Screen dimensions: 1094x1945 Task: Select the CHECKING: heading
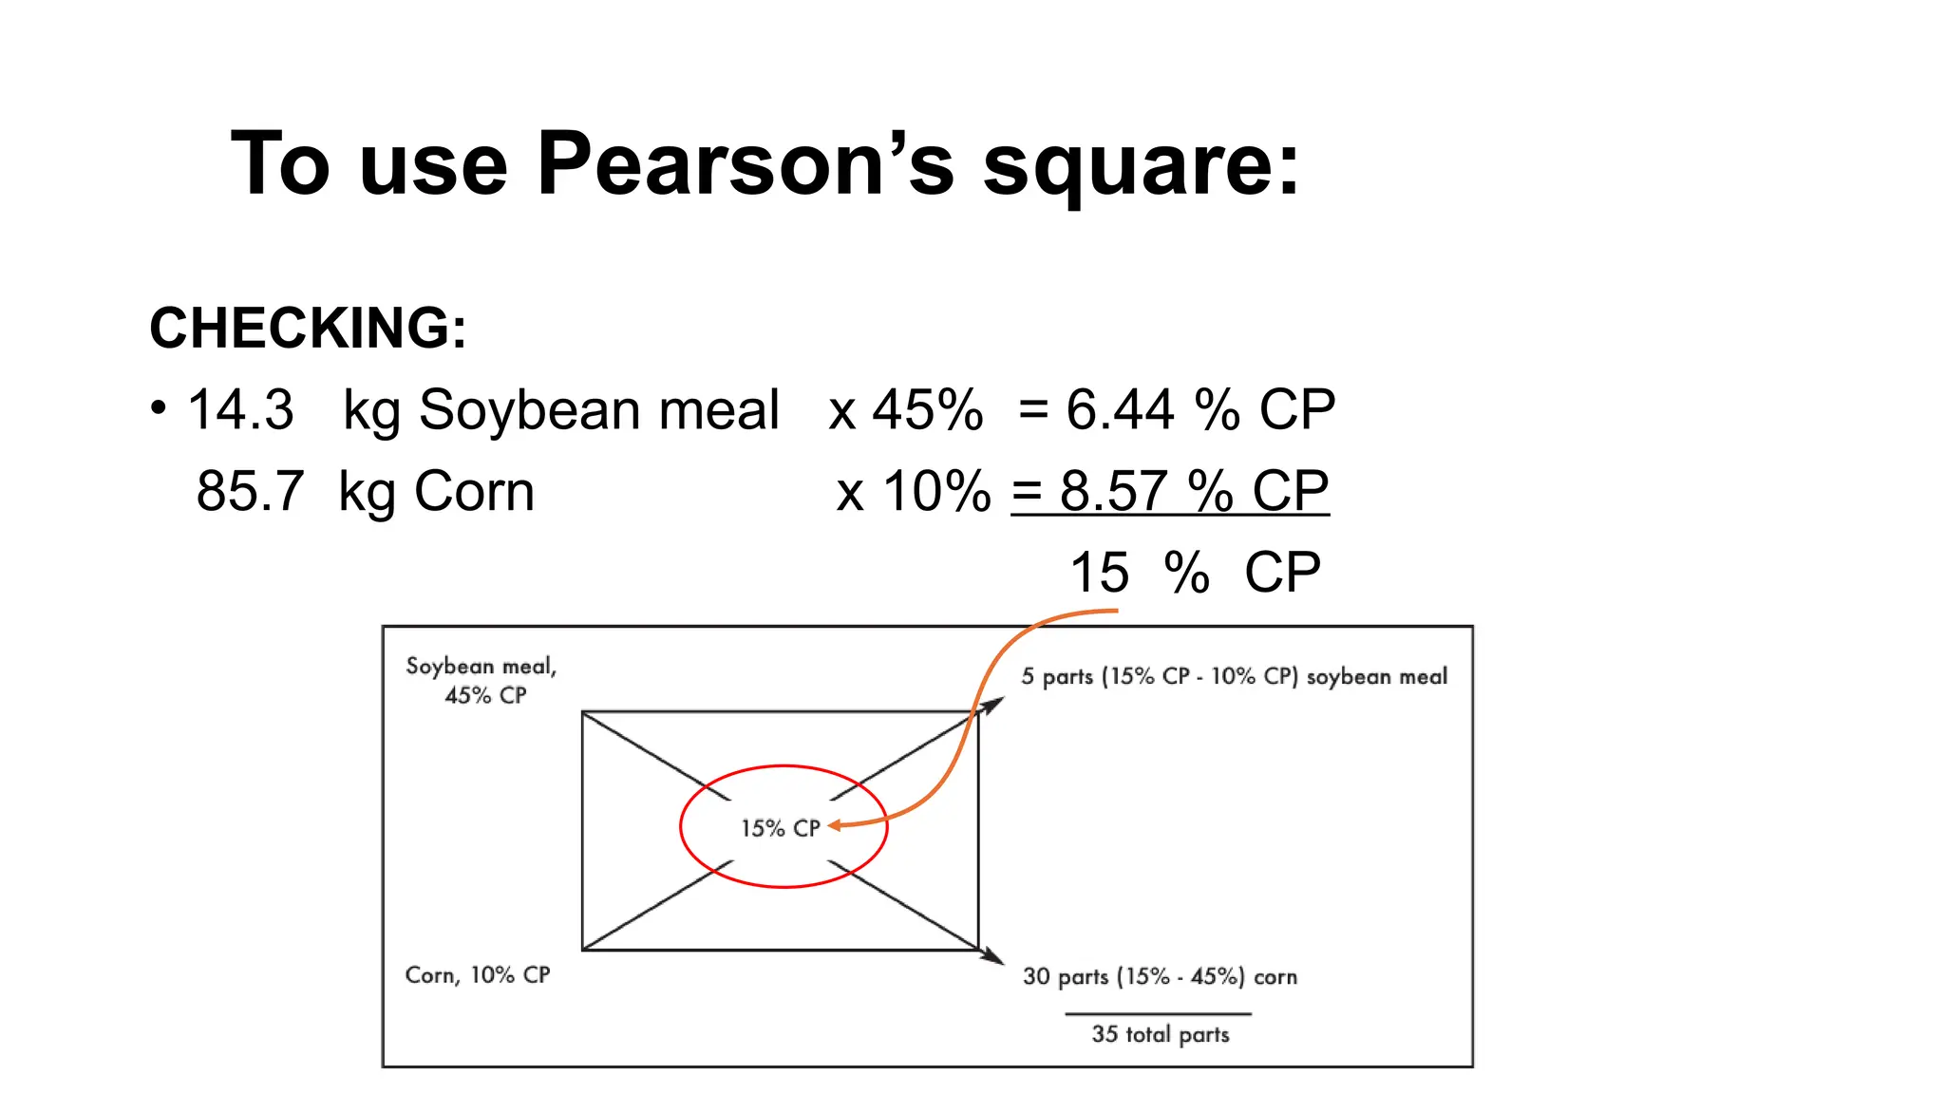coord(308,328)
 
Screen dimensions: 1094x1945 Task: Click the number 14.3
coord(240,409)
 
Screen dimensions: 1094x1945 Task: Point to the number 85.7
coord(250,491)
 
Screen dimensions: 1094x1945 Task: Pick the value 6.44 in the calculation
coord(1120,409)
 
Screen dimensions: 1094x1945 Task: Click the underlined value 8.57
coord(1113,491)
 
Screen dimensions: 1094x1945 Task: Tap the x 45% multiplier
coord(905,409)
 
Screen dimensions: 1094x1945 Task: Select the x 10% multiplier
coord(913,491)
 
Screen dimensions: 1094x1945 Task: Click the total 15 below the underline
coord(1099,573)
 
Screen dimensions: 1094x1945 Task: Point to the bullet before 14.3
coord(159,408)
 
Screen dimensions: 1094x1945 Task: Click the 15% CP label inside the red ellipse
coord(780,828)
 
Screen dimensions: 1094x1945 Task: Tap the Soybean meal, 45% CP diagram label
coord(482,680)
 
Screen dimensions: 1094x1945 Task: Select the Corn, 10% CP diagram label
coord(477,974)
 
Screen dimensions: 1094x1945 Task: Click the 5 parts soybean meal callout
coord(1234,676)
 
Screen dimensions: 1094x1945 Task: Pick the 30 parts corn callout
coord(1159,976)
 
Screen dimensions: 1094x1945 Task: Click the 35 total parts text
coord(1160,1033)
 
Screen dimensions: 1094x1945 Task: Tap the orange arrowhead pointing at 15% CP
coord(835,826)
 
